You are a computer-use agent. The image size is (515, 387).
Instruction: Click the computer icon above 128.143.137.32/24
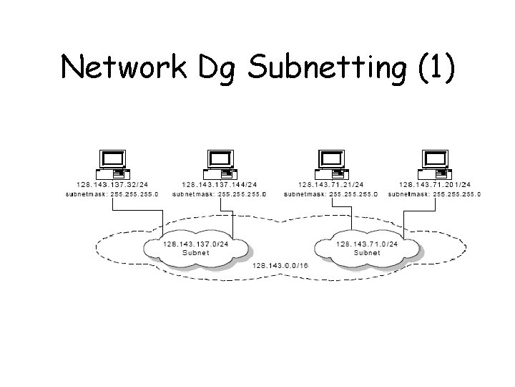click(x=112, y=164)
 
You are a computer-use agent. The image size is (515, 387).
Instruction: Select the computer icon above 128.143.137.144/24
click(x=218, y=164)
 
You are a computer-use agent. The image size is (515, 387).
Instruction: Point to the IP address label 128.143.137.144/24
click(x=218, y=186)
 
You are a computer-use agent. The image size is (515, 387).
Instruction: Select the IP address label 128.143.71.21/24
click(x=330, y=186)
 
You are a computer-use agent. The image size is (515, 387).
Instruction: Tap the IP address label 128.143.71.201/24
click(x=435, y=186)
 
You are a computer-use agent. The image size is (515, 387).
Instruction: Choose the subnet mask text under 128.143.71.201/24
click(x=435, y=194)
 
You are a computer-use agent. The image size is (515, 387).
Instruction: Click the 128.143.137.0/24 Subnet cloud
click(x=197, y=248)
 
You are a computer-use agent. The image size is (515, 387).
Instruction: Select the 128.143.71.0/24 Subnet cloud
click(x=367, y=248)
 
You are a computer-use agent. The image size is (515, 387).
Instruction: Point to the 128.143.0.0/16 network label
click(x=280, y=265)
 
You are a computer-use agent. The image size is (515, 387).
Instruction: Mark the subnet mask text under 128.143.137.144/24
click(x=218, y=194)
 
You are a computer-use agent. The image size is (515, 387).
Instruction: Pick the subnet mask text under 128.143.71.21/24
click(x=330, y=194)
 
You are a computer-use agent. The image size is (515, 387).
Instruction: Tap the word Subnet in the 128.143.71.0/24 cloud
click(x=367, y=253)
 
